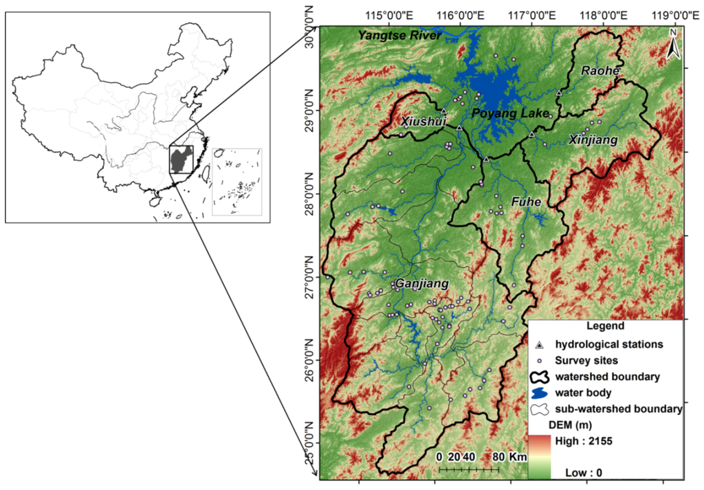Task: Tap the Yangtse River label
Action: [x=399, y=35]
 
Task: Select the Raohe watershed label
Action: [x=600, y=71]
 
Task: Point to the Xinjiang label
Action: [x=593, y=140]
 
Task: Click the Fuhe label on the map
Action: [x=527, y=202]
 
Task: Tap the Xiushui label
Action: [x=423, y=122]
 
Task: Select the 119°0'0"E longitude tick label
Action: [x=670, y=14]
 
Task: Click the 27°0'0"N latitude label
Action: [x=308, y=278]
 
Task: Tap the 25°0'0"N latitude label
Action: [x=308, y=445]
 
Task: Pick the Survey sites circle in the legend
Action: [x=540, y=360]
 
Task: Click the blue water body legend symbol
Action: [x=540, y=392]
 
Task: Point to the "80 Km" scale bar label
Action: [x=509, y=457]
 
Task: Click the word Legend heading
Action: [x=606, y=326]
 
